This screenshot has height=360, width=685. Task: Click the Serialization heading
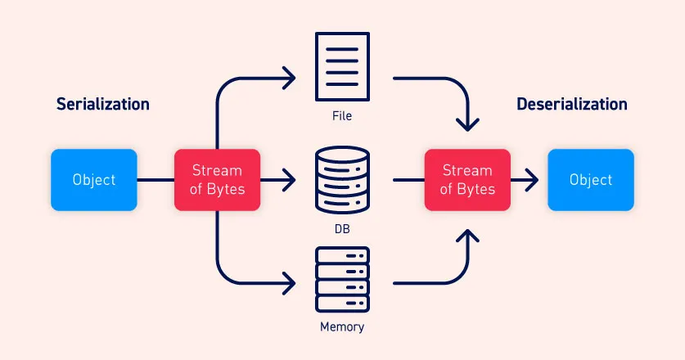[102, 104]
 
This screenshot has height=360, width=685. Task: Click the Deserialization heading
[572, 104]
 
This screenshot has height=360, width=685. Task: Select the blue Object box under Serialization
[94, 180]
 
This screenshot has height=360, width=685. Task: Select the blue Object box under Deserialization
[590, 180]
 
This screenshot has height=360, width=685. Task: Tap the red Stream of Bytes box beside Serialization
[217, 180]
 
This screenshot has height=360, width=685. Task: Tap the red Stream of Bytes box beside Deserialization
[467, 180]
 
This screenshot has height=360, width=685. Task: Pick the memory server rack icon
[342, 279]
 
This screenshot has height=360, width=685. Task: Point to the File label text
[342, 116]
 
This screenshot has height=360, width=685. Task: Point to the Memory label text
[342, 327]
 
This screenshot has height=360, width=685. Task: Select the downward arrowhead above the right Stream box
[467, 125]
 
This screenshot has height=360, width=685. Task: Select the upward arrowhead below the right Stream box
[467, 236]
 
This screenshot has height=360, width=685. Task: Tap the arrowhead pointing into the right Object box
[533, 180]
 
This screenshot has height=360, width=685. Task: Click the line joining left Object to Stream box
[155, 180]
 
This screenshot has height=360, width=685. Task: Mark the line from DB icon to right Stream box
[408, 180]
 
